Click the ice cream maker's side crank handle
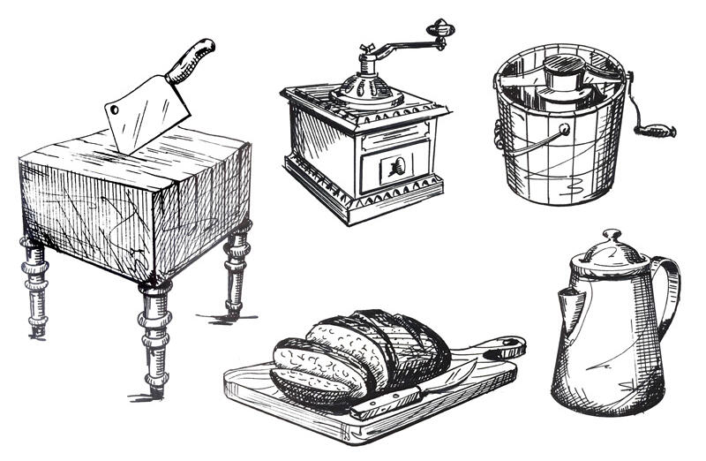[x=658, y=131]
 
